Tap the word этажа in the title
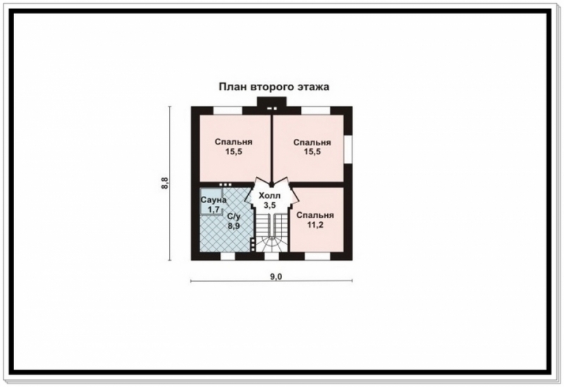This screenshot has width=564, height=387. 313,87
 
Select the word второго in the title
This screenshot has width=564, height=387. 271,87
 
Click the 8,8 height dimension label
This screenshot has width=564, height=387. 165,184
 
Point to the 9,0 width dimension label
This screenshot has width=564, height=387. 276,276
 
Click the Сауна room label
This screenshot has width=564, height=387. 214,200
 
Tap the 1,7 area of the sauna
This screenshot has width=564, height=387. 214,209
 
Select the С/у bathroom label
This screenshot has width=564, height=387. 234,216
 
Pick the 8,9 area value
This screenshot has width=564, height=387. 233,226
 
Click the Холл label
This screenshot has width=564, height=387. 269,196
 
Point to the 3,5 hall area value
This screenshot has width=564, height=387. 269,205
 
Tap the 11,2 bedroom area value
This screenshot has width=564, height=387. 315,225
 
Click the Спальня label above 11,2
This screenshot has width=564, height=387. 315,215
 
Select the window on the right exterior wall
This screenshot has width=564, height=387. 348,149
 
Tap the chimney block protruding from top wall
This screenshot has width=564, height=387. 271,102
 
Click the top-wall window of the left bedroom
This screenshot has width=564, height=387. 228,111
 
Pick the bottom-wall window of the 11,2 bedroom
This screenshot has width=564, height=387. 318,256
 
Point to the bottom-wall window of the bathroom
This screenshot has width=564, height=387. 227,256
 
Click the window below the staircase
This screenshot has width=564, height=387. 271,256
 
